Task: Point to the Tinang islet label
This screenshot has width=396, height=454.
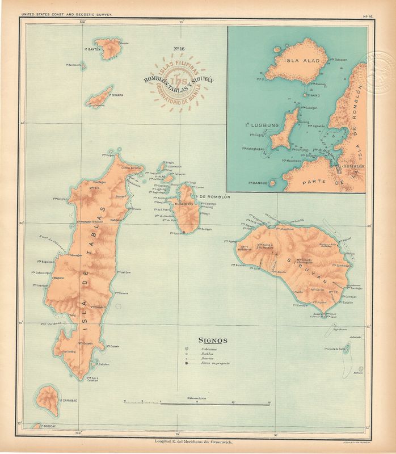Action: [x=313, y=95]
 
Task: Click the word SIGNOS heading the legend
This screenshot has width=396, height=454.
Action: [x=213, y=340]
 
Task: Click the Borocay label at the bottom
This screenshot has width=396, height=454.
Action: [x=83, y=426]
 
